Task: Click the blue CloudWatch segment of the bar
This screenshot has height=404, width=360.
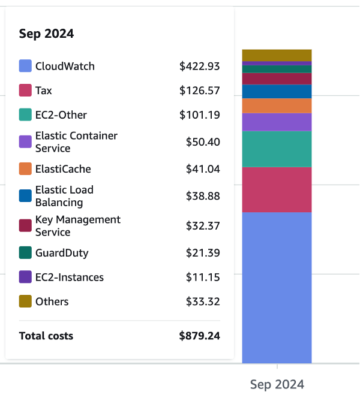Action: [277, 288]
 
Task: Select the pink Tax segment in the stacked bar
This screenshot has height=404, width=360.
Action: [277, 189]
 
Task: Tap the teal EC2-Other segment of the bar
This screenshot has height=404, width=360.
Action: [277, 149]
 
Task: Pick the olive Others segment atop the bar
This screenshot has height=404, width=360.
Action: [277, 55]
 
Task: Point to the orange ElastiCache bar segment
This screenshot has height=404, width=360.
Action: [277, 106]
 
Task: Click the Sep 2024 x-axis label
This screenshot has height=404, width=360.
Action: [277, 385]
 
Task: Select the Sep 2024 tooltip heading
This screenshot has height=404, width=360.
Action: [46, 34]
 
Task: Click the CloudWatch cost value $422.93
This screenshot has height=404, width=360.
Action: [199, 67]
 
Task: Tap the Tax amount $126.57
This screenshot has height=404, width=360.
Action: [199, 91]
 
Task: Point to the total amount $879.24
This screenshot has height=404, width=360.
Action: [199, 336]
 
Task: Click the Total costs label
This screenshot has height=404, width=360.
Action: [46, 336]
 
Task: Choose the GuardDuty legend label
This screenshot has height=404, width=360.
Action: [62, 253]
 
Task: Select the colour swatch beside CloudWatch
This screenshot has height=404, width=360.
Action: [25, 66]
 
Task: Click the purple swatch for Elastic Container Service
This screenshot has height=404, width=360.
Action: [25, 142]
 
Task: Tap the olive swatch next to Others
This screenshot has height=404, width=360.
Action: [25, 302]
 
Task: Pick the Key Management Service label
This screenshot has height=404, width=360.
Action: [78, 226]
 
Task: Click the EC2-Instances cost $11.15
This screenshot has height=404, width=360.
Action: [203, 278]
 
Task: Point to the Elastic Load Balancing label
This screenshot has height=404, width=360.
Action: [64, 196]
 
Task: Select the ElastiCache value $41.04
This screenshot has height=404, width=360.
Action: [203, 169]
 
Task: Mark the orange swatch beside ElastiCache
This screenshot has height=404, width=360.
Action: [25, 169]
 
